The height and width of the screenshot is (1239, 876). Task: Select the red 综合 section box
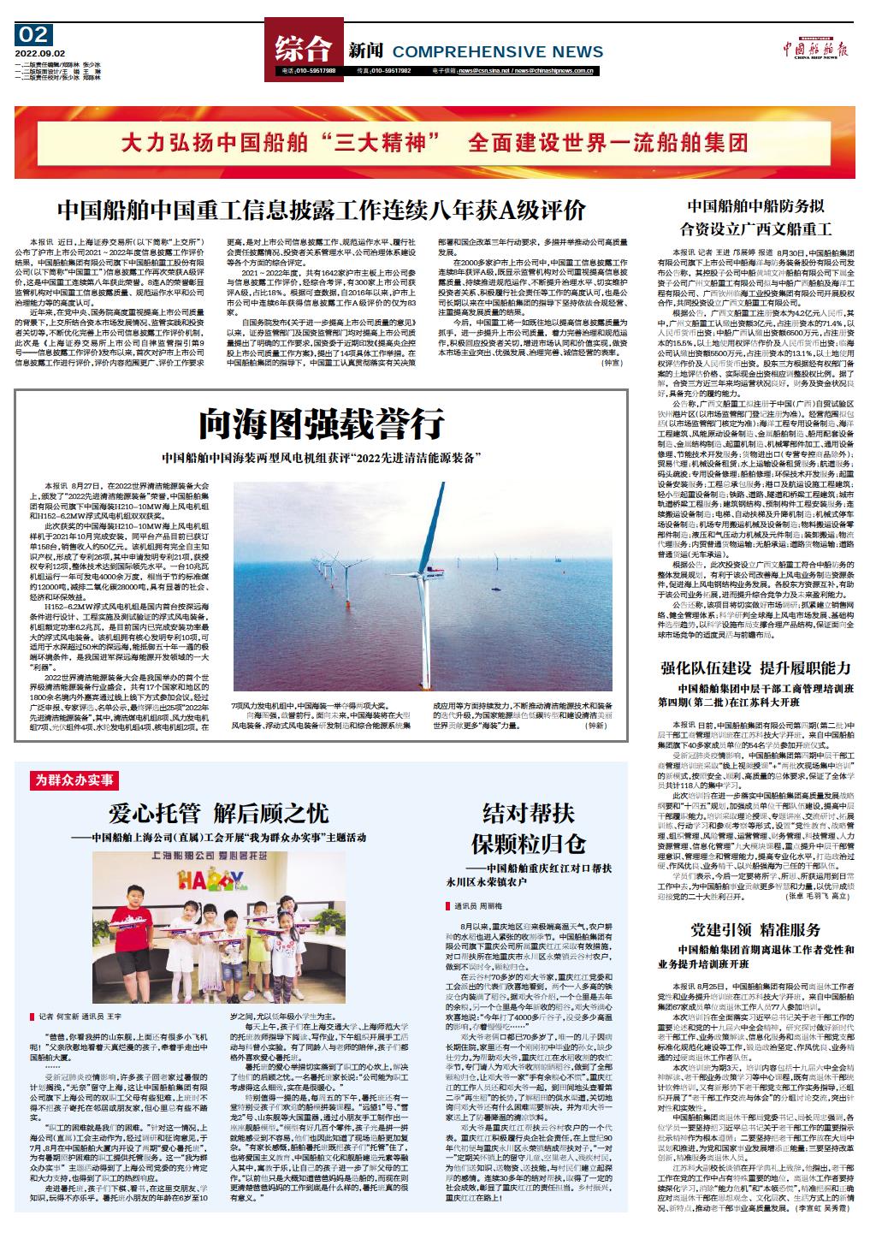302,49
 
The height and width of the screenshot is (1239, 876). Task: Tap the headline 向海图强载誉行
321,423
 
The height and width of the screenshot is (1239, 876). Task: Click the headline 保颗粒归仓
522,842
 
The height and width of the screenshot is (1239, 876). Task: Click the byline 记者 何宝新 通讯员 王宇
82,1017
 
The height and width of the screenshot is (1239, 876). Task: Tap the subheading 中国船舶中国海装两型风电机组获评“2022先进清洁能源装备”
321,457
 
